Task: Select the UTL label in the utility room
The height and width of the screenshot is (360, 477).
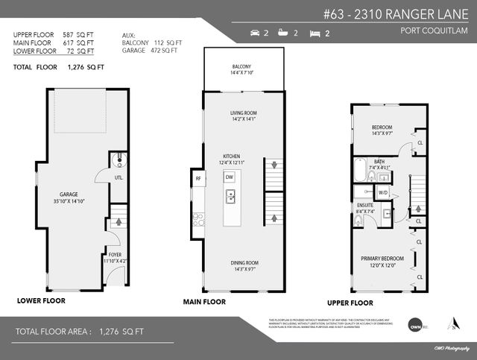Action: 118,177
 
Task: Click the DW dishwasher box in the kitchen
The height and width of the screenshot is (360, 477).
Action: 230,177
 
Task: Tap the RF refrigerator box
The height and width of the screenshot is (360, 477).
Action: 198,179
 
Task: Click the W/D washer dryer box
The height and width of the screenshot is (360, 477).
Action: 383,192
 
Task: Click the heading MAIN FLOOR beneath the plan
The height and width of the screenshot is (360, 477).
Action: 204,302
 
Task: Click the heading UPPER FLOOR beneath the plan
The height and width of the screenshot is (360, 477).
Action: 350,303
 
